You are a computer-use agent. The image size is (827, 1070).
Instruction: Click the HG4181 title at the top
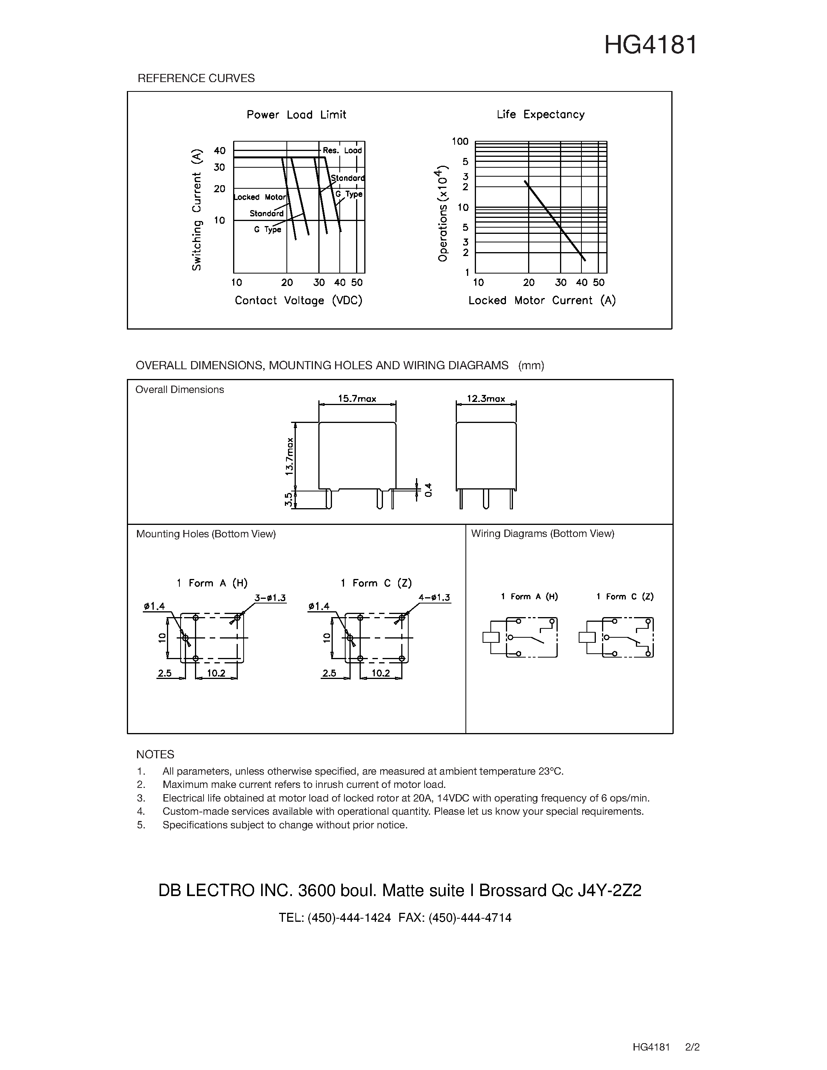(650, 45)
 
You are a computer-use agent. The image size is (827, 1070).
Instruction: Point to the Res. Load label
(342, 151)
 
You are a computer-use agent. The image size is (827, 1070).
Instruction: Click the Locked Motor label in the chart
(260, 197)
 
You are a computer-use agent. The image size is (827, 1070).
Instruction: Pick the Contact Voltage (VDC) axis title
(298, 300)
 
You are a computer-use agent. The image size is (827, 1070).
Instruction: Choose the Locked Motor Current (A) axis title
(542, 300)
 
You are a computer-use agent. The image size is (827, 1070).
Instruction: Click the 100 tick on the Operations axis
(460, 142)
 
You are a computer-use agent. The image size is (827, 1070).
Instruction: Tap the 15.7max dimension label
(357, 399)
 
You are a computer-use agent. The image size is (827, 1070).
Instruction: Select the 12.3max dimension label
(486, 399)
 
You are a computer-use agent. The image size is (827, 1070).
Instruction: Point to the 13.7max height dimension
(290, 456)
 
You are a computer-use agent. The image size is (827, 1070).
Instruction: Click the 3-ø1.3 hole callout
(270, 598)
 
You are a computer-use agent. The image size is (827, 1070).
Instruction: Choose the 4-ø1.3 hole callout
(434, 598)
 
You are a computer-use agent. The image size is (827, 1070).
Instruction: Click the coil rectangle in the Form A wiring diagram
(491, 637)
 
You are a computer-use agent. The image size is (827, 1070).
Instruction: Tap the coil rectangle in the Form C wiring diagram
(587, 637)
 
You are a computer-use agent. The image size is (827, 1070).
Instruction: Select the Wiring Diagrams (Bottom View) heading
(543, 533)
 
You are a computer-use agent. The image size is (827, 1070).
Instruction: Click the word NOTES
(155, 754)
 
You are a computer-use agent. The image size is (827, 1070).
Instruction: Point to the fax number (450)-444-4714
(469, 917)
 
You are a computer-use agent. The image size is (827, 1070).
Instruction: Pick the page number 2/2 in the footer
(692, 1047)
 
